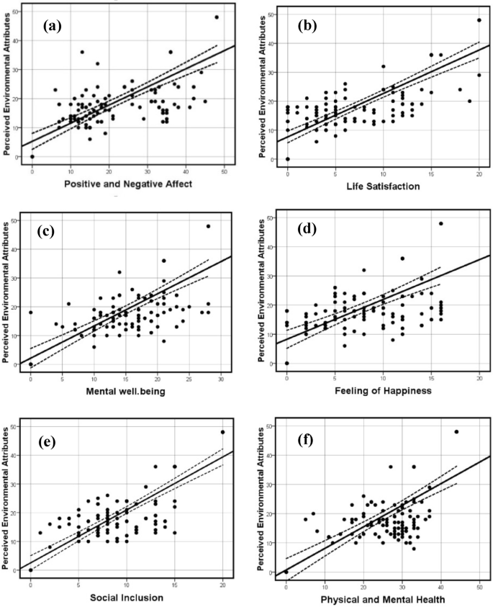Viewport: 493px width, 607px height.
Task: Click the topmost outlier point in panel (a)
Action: click(x=217, y=17)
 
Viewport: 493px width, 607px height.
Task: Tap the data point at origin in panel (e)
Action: click(x=31, y=570)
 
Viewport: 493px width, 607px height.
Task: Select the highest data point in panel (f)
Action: click(x=456, y=432)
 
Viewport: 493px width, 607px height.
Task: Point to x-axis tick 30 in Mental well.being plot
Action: click(x=221, y=379)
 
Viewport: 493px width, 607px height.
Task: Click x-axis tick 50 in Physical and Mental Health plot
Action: click(x=479, y=586)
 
